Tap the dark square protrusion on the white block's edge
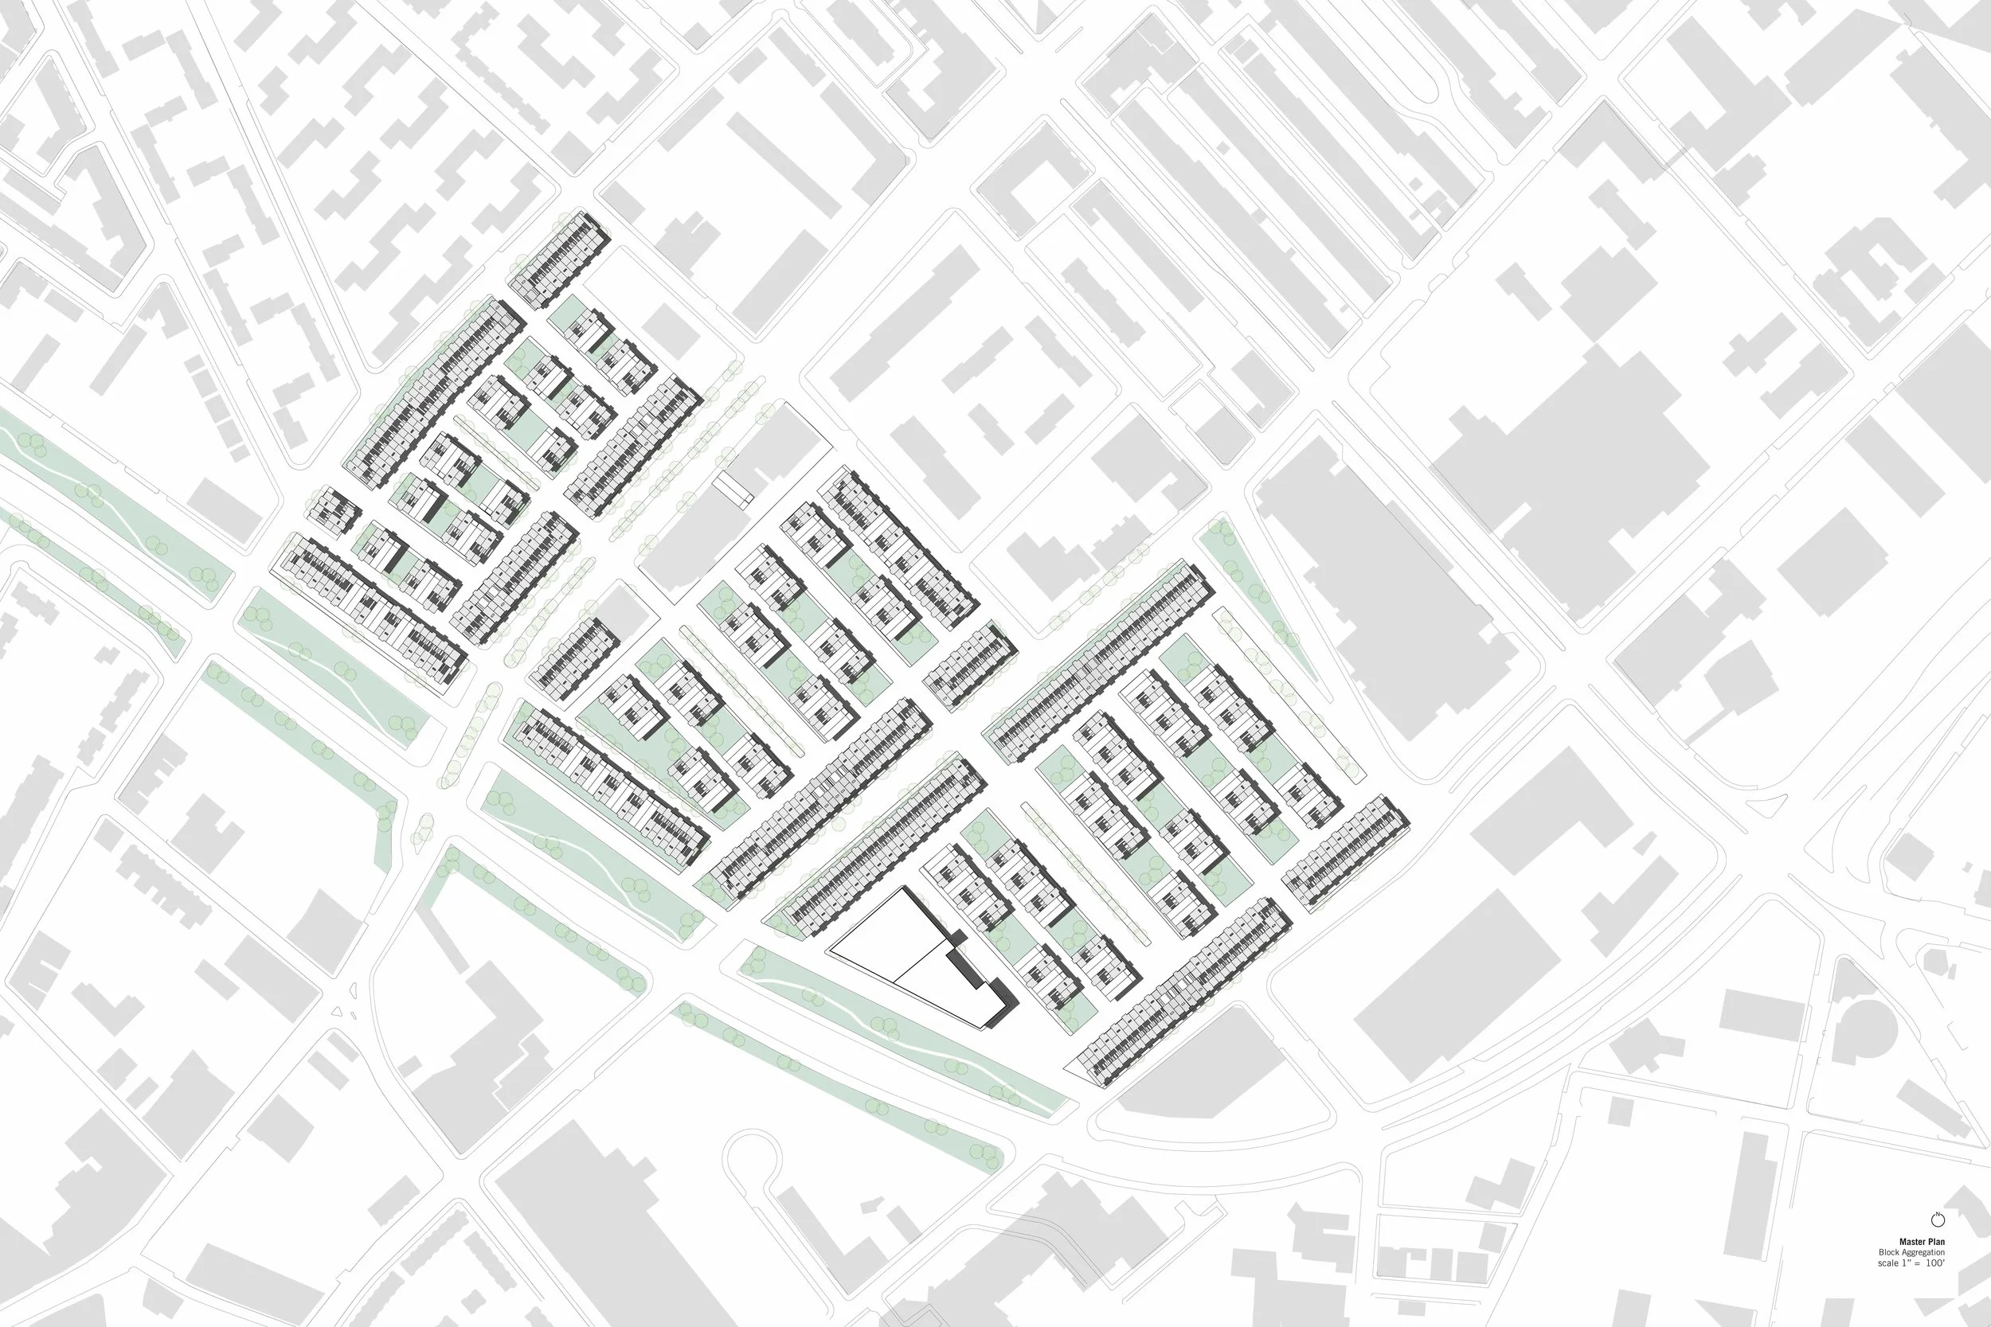pos(959,938)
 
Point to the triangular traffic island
pos(344,1011)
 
